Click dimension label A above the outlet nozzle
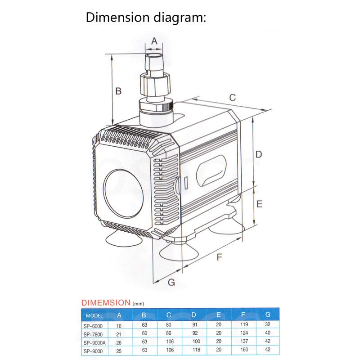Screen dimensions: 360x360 click(154, 40)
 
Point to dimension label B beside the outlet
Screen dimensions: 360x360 click(118, 91)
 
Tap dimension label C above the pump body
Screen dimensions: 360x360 click(233, 97)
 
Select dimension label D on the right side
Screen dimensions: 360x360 click(258, 154)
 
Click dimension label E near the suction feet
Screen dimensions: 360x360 click(259, 204)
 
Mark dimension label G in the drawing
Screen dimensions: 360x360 click(171, 282)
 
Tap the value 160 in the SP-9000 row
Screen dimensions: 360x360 click(244, 351)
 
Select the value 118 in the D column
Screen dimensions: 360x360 click(193, 351)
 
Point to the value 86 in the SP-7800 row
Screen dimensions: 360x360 click(168, 333)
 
